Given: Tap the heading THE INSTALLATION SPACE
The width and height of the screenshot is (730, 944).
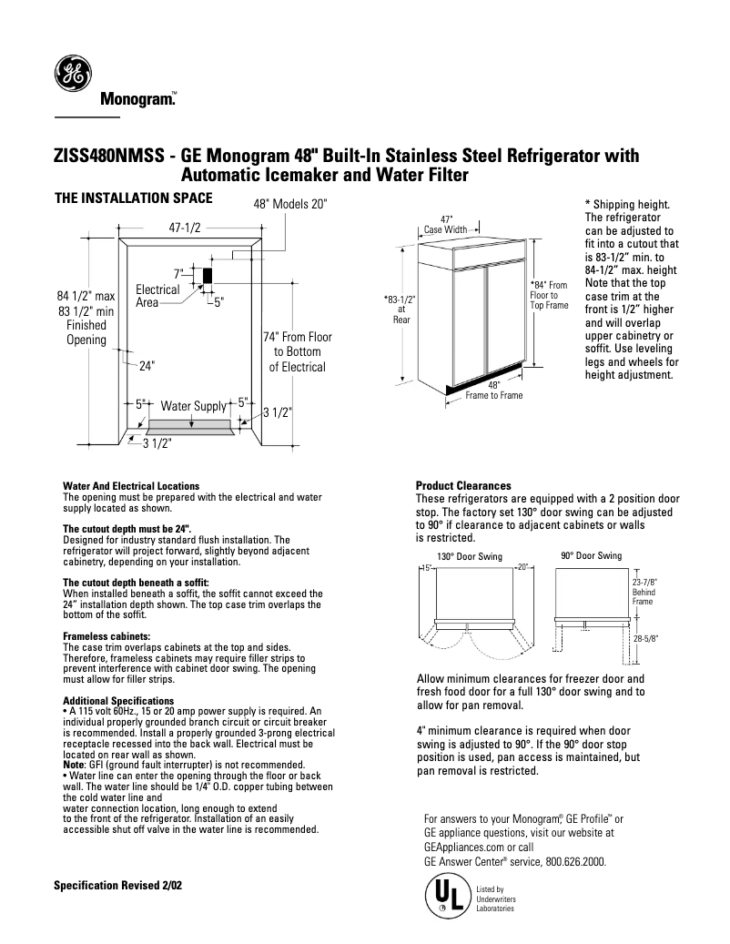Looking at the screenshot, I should (x=134, y=198).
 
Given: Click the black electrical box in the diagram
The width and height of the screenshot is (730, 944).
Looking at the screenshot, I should (x=208, y=276).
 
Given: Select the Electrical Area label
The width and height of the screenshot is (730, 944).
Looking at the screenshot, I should (x=157, y=295).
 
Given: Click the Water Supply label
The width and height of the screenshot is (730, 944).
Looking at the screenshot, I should (x=193, y=406).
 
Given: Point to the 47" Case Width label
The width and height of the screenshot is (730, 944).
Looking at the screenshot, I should (x=446, y=225).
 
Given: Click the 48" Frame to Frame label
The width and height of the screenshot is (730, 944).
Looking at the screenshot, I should (x=494, y=391).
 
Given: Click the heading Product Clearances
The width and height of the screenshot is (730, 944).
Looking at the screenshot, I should (x=463, y=485).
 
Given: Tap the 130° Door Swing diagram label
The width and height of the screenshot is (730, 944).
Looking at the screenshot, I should (x=469, y=556).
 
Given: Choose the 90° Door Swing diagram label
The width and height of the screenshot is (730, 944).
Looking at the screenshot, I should (x=591, y=555).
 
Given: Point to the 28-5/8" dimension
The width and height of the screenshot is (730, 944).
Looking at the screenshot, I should (x=644, y=639).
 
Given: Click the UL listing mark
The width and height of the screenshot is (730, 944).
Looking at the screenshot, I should (x=443, y=895).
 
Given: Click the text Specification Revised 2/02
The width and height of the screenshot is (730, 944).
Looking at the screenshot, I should (x=118, y=885).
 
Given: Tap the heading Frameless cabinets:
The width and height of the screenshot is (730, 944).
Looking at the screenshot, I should (x=106, y=635).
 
